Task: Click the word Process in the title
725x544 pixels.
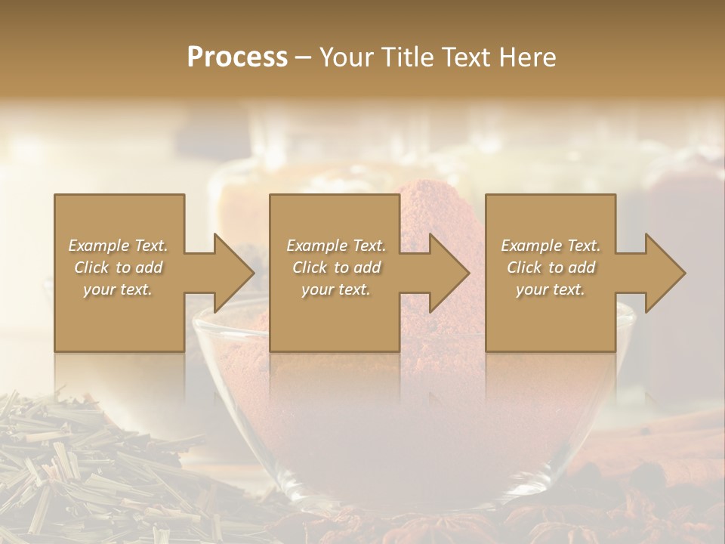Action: coord(237,57)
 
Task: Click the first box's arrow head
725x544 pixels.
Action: coord(233,273)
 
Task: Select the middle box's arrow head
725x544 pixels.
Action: coord(449,273)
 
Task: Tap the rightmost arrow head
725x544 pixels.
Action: coord(665,273)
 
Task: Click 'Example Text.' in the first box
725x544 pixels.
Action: coord(119,246)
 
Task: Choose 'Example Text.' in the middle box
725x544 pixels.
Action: coord(336,246)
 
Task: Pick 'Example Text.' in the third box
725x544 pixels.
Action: coord(551,246)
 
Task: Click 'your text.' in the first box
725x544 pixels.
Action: coord(118,289)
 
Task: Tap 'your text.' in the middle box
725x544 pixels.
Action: coord(336,289)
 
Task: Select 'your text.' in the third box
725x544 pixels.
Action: coord(551,289)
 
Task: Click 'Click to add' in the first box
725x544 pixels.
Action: coord(119,267)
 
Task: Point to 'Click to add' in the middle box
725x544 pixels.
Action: coord(336,267)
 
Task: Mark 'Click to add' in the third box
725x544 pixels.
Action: coord(551,267)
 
